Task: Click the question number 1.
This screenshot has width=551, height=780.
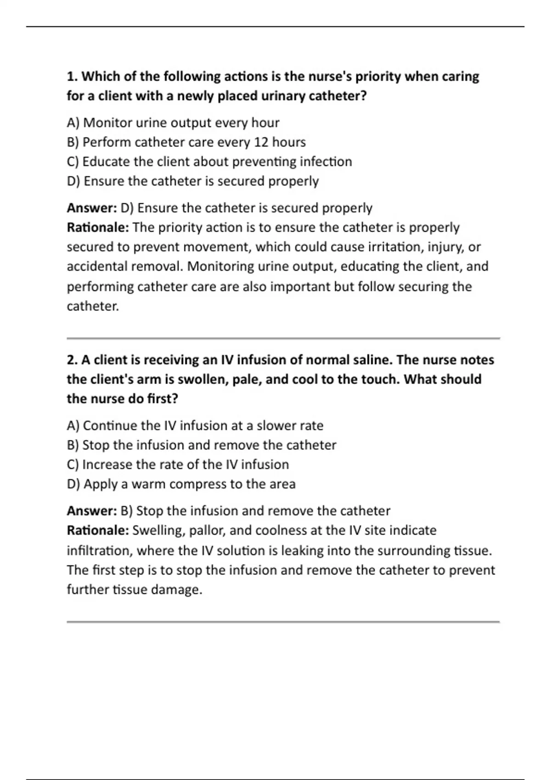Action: pos(72,77)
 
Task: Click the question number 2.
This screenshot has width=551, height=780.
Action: pos(72,360)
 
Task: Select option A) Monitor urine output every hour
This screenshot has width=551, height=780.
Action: pos(173,123)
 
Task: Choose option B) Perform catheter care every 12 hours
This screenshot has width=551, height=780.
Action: pos(186,142)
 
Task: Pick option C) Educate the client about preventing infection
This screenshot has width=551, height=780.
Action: pos(209,162)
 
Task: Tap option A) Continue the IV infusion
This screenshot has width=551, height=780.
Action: pos(195,426)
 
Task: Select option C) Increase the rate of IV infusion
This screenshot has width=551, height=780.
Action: pos(178,465)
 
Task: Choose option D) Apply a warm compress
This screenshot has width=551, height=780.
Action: pos(181,485)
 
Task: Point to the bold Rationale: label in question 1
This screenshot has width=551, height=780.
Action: pos(98,228)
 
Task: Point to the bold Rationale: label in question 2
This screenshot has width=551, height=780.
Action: pos(98,531)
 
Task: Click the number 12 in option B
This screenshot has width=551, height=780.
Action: pos(261,142)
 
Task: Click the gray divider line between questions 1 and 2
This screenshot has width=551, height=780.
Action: pos(283,339)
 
